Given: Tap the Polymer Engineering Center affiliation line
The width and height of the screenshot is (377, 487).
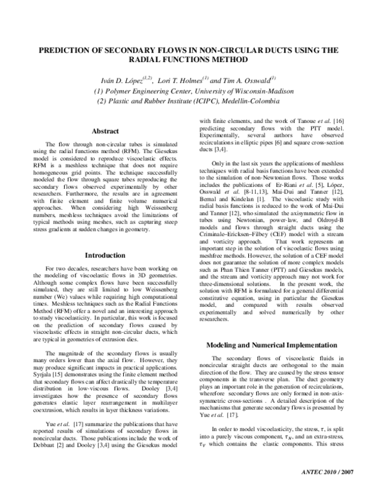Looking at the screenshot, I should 189,90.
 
